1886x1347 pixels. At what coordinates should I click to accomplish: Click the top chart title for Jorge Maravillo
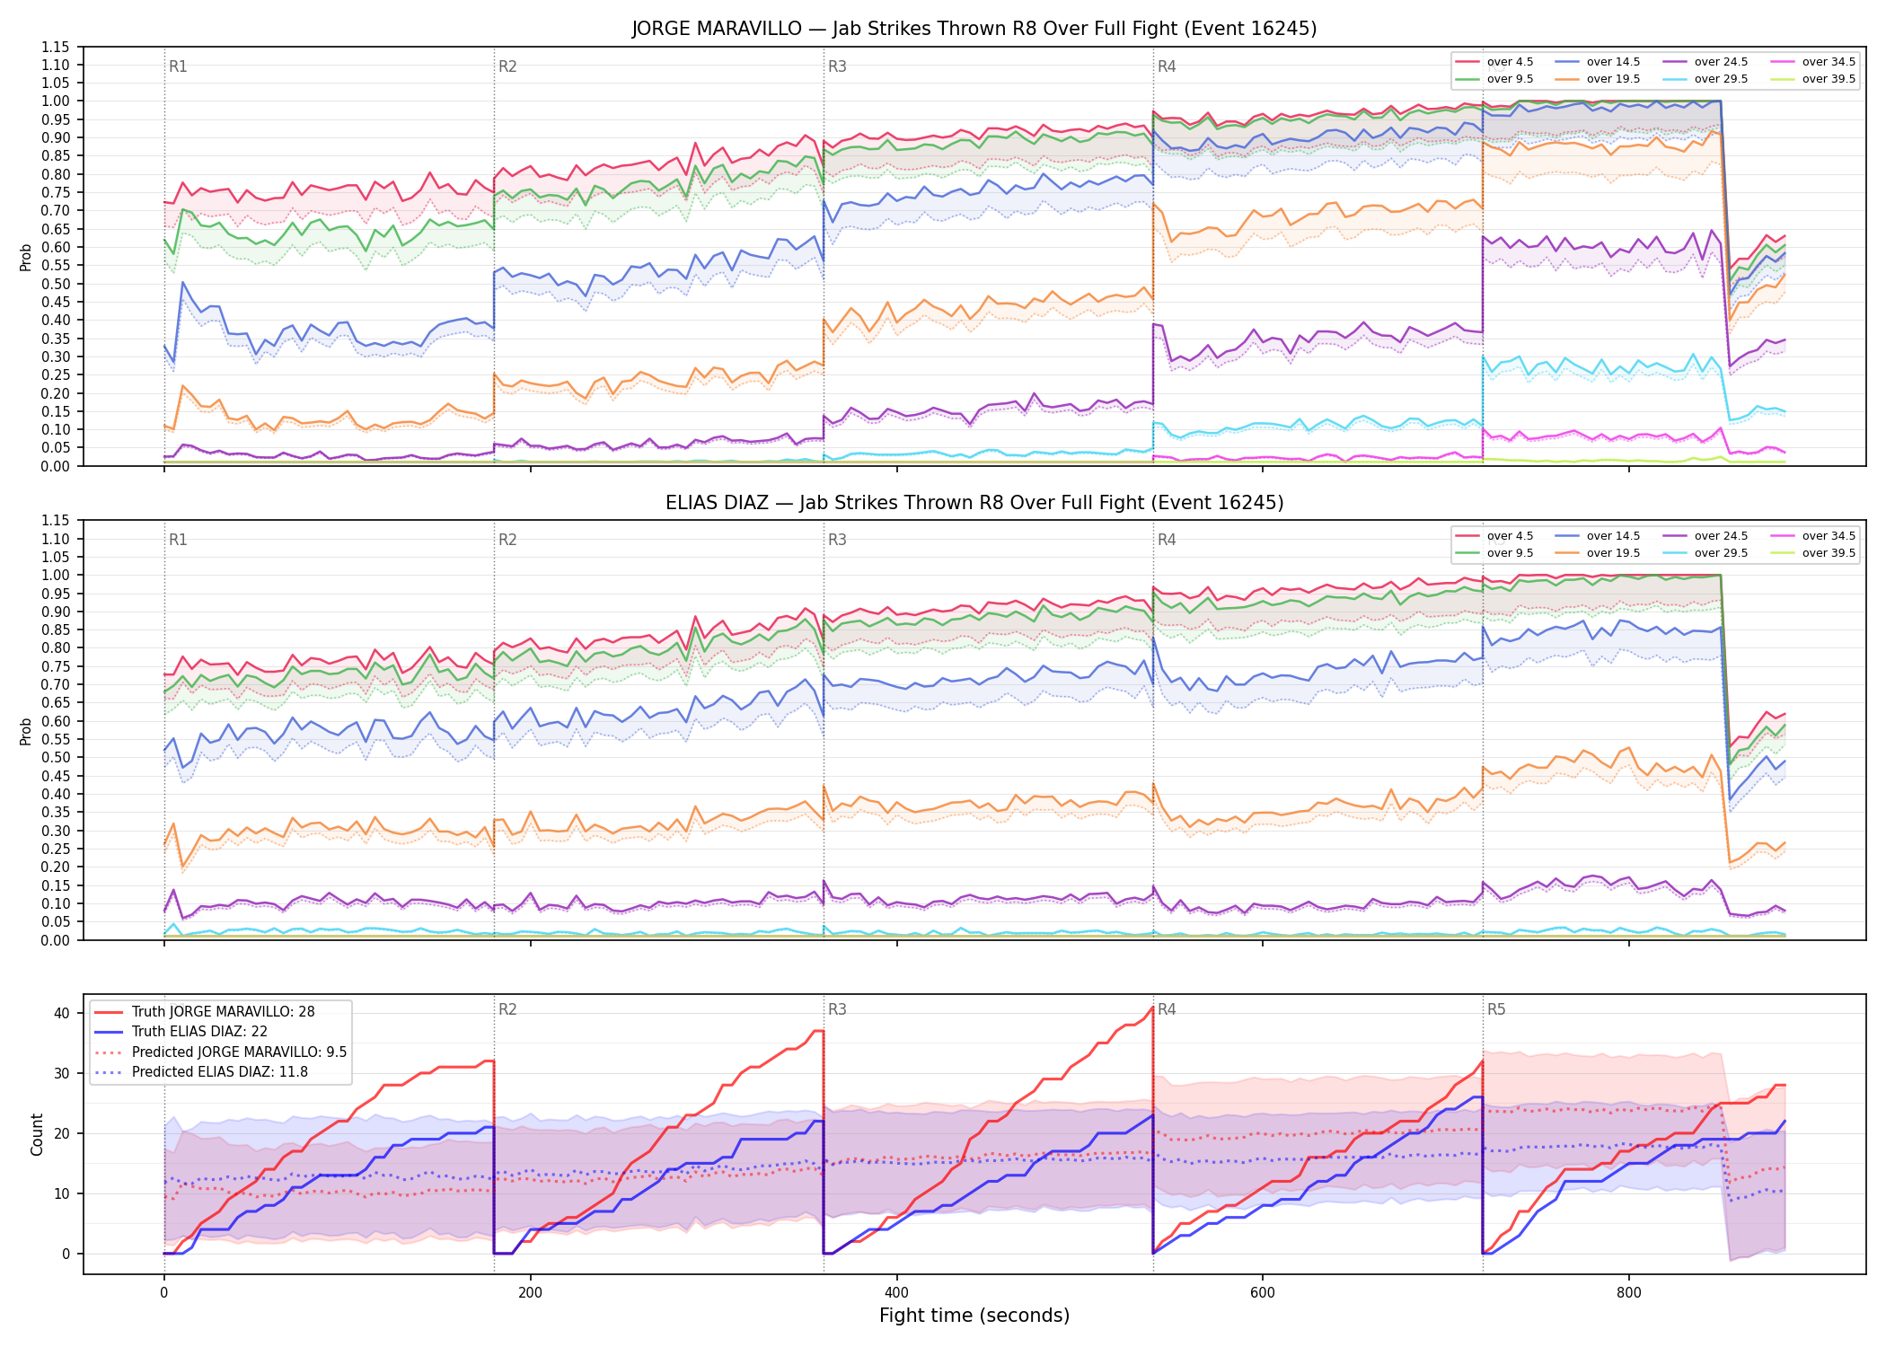974,29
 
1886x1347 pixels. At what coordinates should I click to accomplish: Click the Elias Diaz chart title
974,503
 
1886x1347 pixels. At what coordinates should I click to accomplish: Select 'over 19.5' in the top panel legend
1613,79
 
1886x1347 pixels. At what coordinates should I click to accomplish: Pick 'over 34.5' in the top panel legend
1829,62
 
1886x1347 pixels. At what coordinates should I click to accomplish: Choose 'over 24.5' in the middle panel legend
1721,536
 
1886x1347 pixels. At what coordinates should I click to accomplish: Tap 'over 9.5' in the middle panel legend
1510,553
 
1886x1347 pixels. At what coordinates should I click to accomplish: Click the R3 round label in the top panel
837,66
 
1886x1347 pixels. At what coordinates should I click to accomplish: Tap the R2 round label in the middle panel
507,540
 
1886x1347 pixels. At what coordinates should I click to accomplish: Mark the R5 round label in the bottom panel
1496,1009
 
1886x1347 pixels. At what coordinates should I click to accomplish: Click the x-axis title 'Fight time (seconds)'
974,1316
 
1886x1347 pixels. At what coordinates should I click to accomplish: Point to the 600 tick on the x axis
1262,1293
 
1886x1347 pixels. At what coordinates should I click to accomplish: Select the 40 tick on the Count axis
62,1013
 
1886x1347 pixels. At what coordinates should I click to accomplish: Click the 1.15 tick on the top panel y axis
55,47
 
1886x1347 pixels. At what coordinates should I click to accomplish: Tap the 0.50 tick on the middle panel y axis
55,757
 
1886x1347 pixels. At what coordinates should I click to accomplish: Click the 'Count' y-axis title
37,1134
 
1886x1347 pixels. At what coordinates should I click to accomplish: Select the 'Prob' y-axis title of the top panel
26,257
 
